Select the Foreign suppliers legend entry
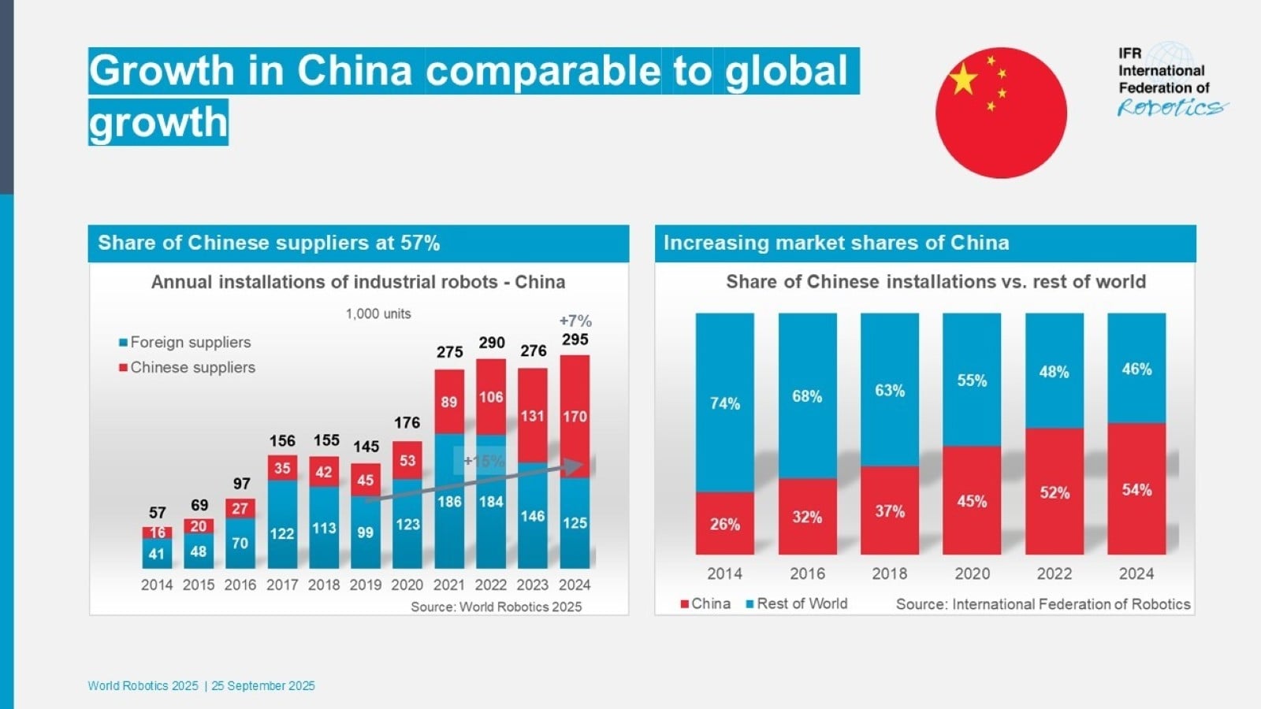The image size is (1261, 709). click(185, 342)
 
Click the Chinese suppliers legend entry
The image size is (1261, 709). click(187, 367)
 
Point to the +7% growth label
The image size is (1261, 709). click(575, 321)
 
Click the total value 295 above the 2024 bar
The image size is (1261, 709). click(575, 340)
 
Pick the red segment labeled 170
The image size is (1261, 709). click(575, 417)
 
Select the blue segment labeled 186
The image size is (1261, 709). click(449, 501)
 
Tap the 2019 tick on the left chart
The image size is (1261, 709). click(366, 585)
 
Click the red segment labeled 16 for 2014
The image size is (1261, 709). click(157, 533)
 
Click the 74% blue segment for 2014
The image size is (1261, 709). click(724, 403)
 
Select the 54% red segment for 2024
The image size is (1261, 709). click(1136, 489)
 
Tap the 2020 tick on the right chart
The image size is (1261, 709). click(973, 574)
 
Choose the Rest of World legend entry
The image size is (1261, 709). click(797, 603)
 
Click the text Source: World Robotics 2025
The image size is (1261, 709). click(496, 607)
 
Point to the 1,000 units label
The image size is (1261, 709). click(378, 314)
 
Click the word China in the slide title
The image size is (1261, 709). click(355, 70)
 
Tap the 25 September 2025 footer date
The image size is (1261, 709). click(263, 686)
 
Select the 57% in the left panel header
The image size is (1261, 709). click(420, 243)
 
